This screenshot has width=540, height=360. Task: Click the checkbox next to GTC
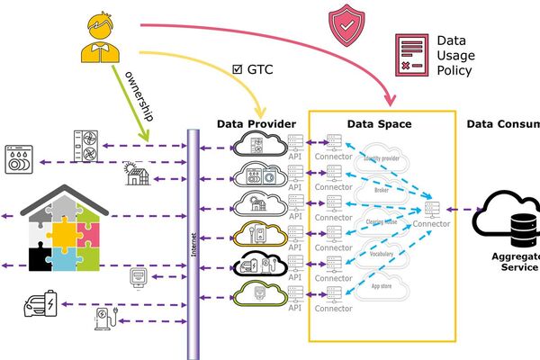[x=238, y=67]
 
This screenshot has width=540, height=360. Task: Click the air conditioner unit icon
[x=88, y=145]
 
